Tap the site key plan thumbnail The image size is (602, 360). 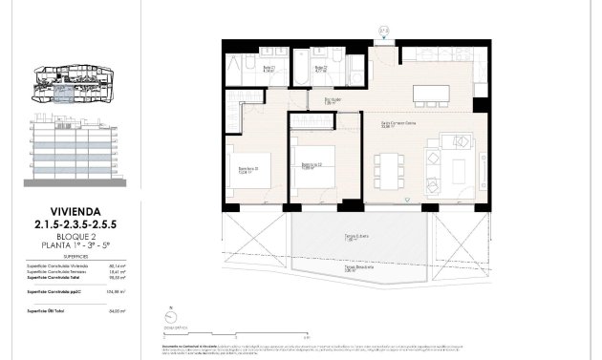click(x=75, y=84)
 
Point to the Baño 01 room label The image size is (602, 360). click(x=244, y=69)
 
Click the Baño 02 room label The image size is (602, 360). click(x=323, y=69)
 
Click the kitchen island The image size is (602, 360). click(x=431, y=94)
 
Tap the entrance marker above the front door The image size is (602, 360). click(x=383, y=32)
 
